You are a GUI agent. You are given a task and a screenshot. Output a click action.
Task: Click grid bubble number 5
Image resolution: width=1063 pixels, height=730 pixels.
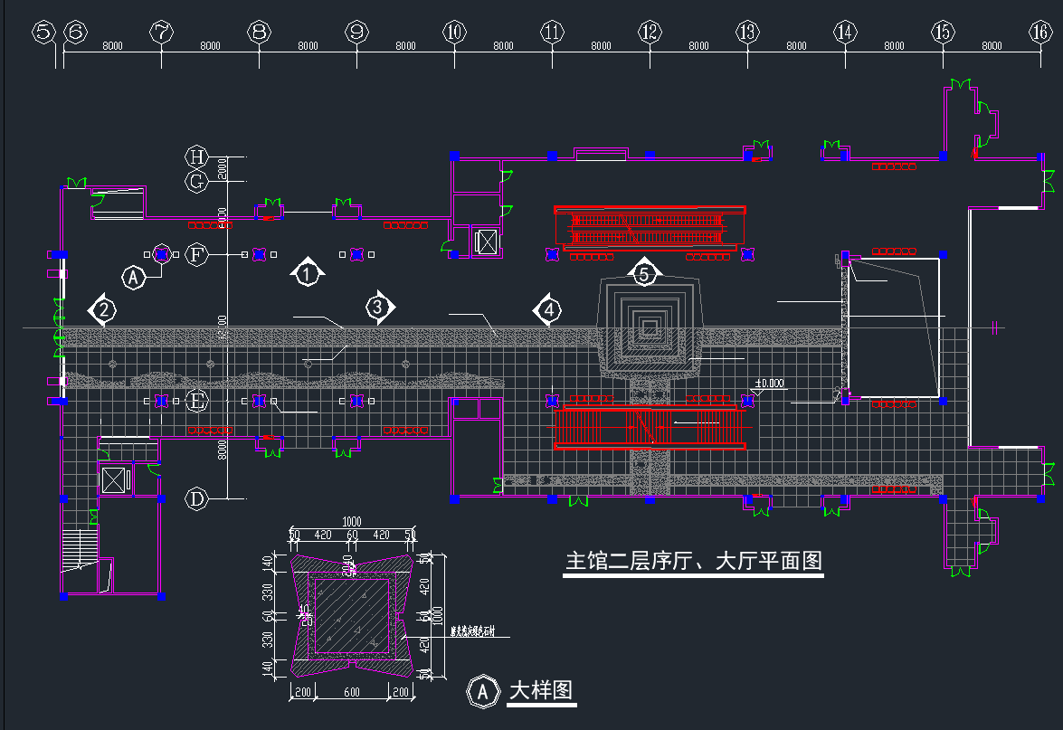43,33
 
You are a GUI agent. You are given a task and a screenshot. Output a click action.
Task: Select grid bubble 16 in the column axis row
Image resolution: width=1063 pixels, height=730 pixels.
1040,33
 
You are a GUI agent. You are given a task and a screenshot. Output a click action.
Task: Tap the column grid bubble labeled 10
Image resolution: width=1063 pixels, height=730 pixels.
454,33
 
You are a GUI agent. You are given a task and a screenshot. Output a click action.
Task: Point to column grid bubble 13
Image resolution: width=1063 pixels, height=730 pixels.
747,33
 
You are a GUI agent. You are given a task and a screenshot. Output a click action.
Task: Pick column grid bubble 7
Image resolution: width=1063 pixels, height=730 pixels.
161,33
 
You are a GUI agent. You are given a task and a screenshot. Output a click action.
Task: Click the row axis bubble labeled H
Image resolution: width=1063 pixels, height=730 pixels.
196,156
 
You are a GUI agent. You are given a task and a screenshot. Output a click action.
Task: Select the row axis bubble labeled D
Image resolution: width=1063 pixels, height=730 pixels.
196,498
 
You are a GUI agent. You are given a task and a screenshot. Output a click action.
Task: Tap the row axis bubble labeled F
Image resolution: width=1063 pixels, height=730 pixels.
198,255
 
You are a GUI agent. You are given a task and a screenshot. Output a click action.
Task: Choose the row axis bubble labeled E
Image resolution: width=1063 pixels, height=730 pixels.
196,400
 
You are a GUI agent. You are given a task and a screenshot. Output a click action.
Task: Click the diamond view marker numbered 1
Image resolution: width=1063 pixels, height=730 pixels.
308,271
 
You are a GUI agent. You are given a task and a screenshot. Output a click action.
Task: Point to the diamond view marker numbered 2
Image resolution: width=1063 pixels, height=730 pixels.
104,310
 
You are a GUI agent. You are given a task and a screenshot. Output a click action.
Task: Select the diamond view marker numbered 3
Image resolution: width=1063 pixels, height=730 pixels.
379,308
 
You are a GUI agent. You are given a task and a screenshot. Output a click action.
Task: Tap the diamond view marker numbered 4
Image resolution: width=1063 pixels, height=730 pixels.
546,310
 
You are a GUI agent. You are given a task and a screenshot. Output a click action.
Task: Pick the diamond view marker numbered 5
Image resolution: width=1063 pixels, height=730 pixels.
643,271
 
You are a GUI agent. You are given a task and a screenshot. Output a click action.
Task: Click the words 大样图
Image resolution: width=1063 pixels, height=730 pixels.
541,691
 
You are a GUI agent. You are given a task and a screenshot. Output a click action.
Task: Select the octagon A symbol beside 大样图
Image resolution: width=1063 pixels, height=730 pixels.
483,691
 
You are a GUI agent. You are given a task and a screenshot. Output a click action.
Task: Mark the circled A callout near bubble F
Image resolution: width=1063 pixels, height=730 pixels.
134,277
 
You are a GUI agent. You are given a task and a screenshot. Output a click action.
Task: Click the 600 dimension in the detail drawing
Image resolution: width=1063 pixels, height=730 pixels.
352,692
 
